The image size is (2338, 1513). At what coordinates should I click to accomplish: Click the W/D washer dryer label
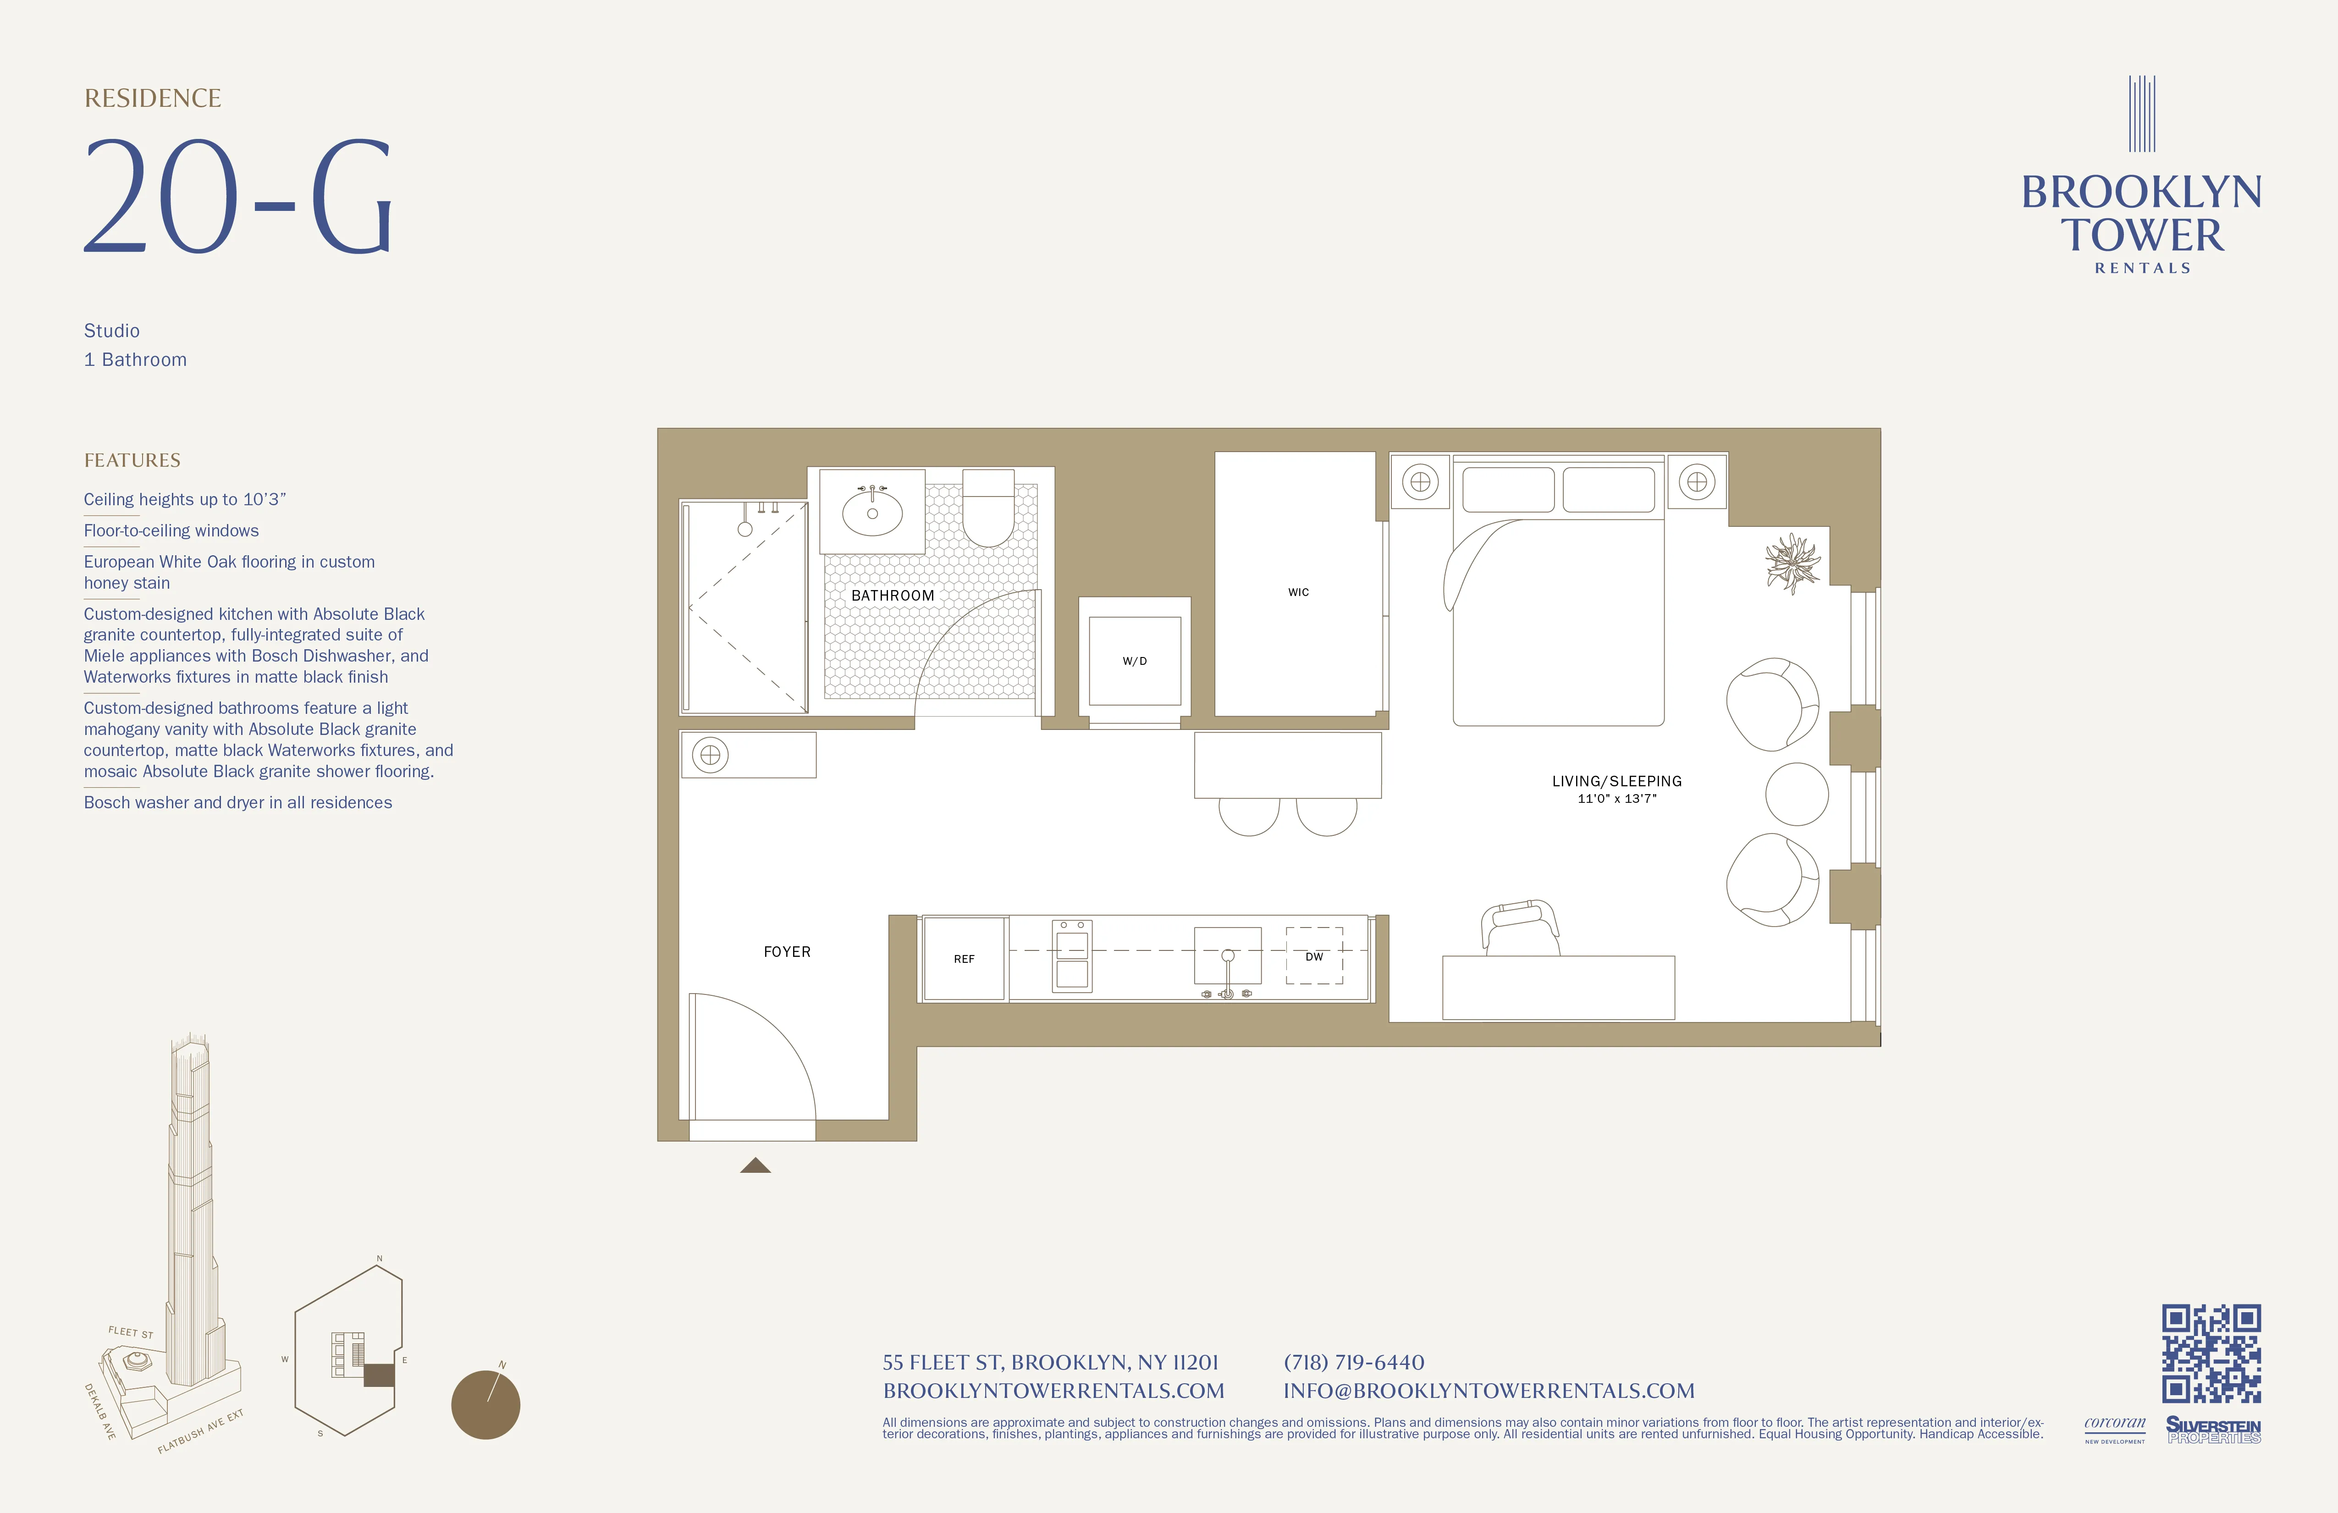click(1135, 661)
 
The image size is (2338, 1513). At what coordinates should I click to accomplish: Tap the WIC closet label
click(1298, 592)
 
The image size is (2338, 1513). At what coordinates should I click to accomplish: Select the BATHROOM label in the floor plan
click(892, 596)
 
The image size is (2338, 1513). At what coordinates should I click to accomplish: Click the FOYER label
click(787, 952)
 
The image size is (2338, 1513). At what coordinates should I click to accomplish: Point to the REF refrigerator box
click(964, 959)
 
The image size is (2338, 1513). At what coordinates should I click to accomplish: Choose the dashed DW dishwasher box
click(1314, 956)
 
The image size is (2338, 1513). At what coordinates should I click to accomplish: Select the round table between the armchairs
click(1797, 794)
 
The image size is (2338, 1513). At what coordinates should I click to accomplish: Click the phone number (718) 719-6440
click(1354, 1363)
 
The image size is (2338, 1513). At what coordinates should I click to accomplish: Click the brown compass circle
click(485, 1405)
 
